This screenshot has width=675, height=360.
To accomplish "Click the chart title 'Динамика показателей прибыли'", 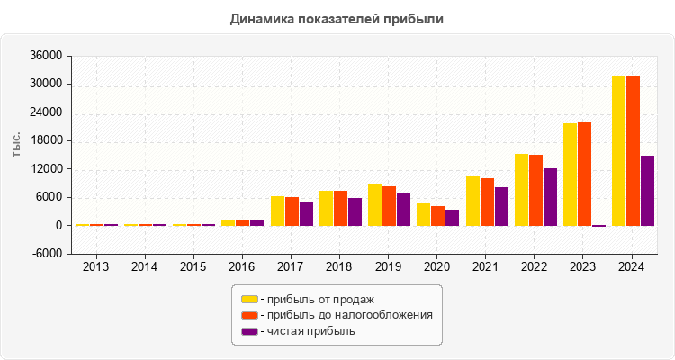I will tap(337, 18).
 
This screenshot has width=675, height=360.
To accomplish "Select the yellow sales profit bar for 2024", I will tap(619, 151).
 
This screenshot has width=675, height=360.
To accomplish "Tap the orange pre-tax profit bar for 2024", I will tap(634, 150).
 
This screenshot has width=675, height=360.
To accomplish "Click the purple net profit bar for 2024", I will tap(647, 191).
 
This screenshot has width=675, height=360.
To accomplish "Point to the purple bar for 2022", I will tap(550, 197).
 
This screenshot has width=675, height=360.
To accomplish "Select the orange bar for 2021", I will tap(487, 202).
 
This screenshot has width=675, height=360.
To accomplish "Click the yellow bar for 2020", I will tap(423, 215).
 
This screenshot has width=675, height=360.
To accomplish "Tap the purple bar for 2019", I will tap(403, 210).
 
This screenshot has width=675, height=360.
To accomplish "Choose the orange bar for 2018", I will tap(340, 208).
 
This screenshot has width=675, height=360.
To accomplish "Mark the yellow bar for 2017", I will tap(278, 211).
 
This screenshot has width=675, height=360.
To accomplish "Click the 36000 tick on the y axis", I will tap(45, 56).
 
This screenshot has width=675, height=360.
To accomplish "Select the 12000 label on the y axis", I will tap(45, 169).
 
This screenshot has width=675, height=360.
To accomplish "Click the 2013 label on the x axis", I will tap(96, 267).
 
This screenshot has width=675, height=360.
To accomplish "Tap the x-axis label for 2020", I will tap(437, 267).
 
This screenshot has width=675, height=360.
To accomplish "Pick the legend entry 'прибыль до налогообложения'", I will tap(346, 315).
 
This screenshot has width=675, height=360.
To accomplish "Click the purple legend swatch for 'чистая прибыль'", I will tap(249, 331).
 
